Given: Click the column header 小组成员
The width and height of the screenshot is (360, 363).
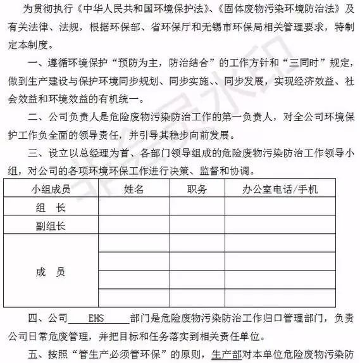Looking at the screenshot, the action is [51, 189].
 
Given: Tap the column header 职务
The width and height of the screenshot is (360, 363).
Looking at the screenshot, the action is [197, 189].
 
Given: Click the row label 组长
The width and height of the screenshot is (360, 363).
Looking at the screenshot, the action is [51, 208].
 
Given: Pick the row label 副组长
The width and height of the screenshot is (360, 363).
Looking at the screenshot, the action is [51, 226].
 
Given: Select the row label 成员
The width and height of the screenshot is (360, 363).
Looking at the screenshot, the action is [51, 271].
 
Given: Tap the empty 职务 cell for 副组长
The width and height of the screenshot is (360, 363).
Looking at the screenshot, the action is [197, 226].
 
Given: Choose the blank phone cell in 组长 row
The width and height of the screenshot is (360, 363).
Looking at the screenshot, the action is [290, 208].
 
